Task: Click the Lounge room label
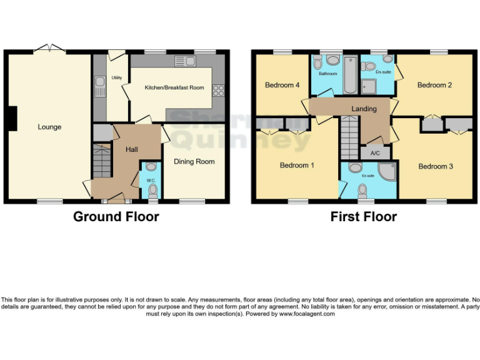pos(49,127)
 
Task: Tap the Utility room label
pos(116,78)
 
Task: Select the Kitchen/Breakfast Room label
pos(174,87)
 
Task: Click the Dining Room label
pos(194,161)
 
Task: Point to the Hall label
pos(132,149)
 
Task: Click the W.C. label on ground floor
pos(151,181)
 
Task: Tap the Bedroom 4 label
pos(279,85)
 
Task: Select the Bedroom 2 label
pos(434,85)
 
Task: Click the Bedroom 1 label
pos(297,165)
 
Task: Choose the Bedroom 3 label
pos(436,166)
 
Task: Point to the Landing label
pos(364,109)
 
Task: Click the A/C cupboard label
pos(375,152)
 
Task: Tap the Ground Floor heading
pos(116,217)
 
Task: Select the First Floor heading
pos(363,217)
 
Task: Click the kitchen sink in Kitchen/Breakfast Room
pos(185,61)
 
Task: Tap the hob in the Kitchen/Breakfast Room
pos(219,90)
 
